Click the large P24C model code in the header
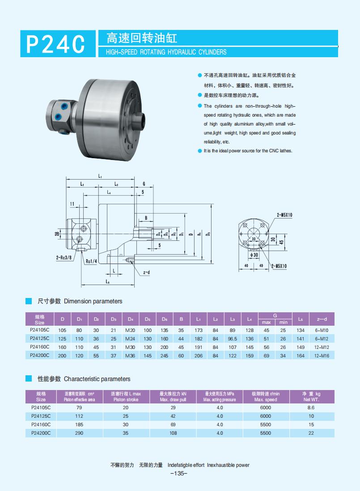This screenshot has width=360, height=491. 56,44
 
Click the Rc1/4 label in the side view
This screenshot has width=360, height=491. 91,261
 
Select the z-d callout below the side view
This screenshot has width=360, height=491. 146,272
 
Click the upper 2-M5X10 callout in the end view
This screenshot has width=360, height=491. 284,215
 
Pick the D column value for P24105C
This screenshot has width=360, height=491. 62,330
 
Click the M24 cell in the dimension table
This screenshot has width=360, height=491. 131,338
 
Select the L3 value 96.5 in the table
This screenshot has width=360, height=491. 232,338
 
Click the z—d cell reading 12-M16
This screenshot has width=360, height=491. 322,356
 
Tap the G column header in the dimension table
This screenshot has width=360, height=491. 275,315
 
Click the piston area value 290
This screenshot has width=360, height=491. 80,433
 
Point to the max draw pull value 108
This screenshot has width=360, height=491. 173,433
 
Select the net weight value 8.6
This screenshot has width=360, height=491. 311,407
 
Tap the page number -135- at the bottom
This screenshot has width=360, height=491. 179,474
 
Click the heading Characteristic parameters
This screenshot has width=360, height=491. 97,379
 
